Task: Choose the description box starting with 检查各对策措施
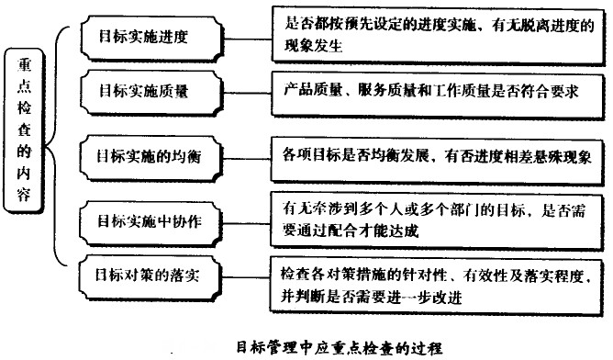439,285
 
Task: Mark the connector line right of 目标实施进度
246,37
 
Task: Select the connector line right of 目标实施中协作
246,219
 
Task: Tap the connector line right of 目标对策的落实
246,276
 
